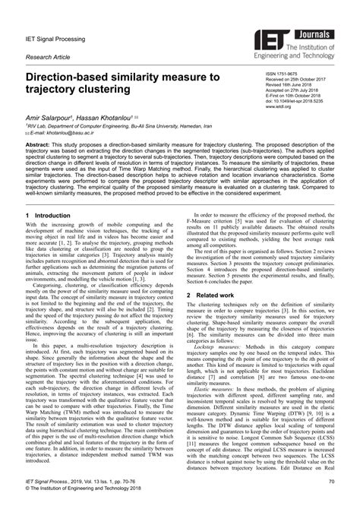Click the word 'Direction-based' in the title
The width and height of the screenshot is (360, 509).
(72, 78)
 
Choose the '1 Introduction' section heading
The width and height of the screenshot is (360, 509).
(55, 217)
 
